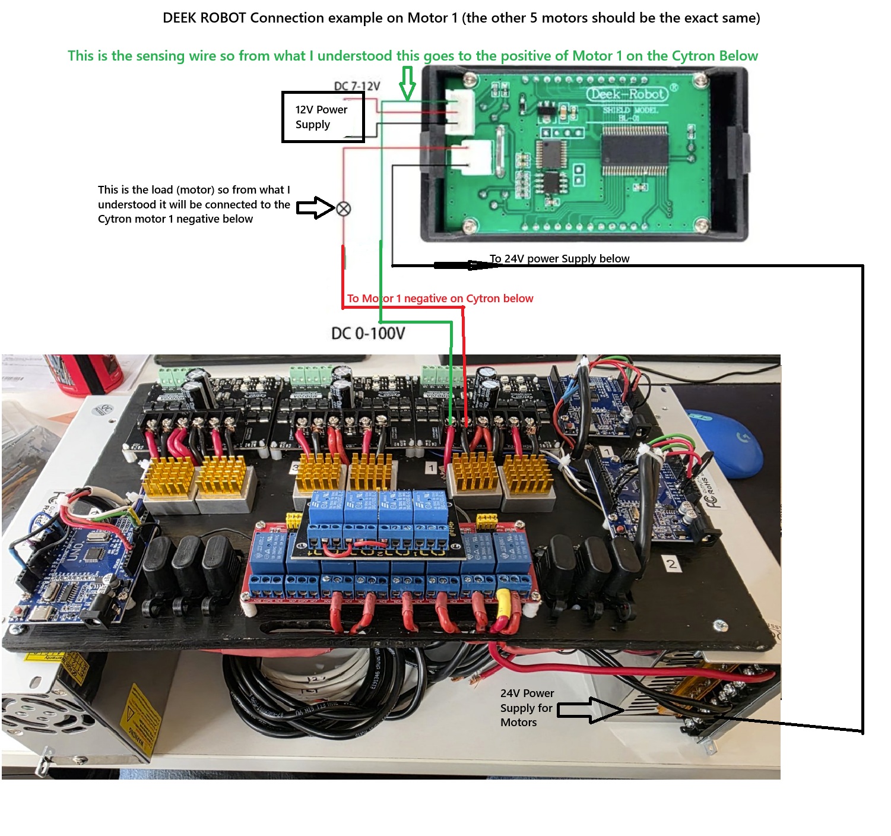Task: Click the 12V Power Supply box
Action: (x=322, y=117)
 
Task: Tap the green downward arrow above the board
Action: (x=407, y=83)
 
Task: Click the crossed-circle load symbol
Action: (x=344, y=209)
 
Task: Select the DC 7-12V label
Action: (x=357, y=86)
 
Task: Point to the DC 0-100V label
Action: (x=368, y=333)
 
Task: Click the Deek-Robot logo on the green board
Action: (x=627, y=94)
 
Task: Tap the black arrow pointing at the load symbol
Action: (x=315, y=208)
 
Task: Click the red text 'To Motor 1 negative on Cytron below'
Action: (x=440, y=298)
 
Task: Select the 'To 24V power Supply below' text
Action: (x=559, y=258)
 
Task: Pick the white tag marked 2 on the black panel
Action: (x=671, y=563)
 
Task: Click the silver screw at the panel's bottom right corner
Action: (x=720, y=625)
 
